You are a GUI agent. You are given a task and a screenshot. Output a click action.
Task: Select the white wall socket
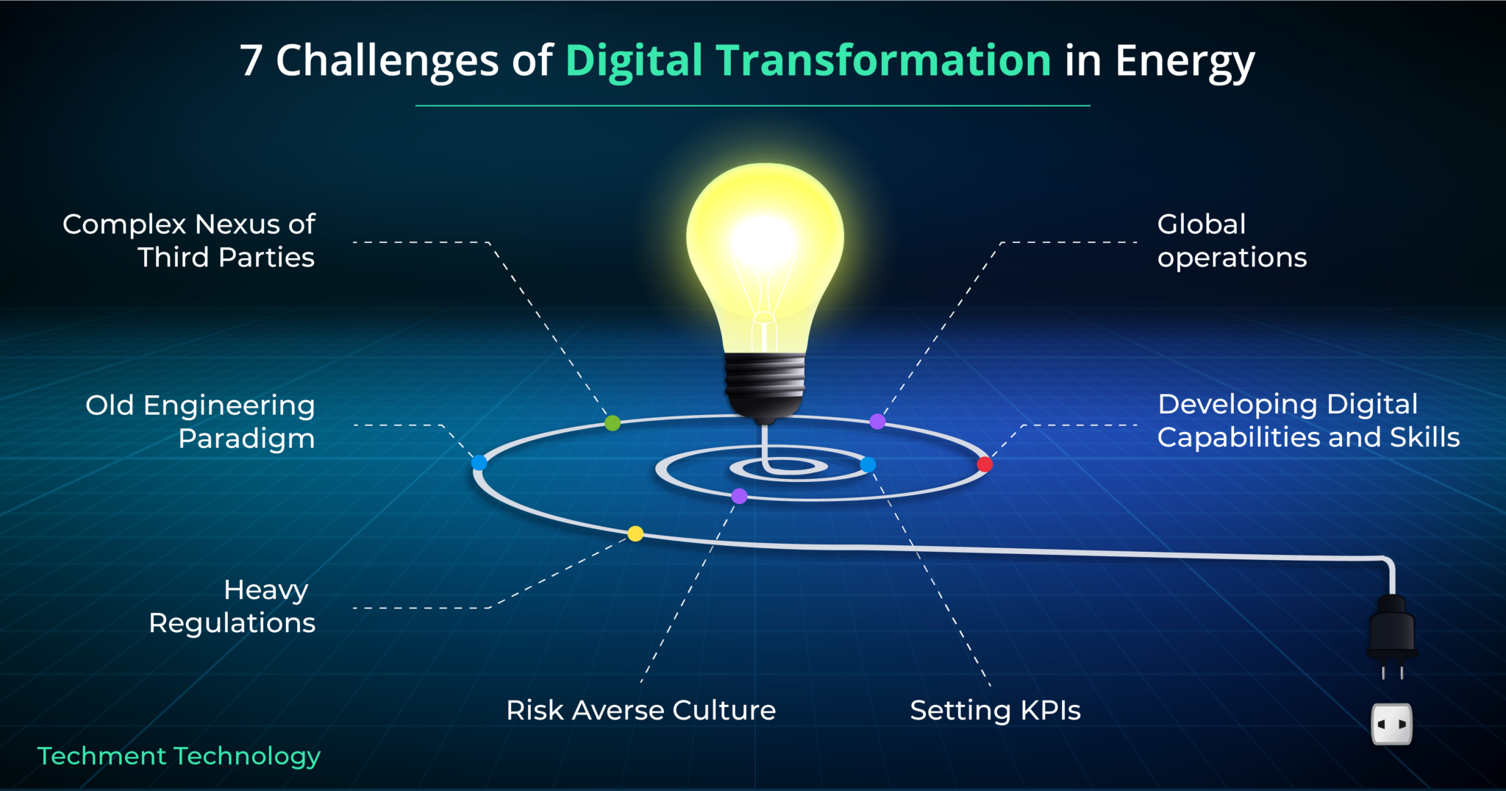click(1392, 724)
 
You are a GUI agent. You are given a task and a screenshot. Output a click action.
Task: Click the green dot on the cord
click(613, 423)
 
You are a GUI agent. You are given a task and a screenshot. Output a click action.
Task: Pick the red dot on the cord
click(985, 464)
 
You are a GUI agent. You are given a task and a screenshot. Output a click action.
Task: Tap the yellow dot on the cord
click(635, 533)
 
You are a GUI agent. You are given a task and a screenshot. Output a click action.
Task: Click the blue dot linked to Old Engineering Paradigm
click(479, 463)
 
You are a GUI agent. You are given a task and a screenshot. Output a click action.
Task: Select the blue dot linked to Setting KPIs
click(868, 465)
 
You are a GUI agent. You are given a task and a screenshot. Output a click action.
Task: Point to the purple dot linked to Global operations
click(877, 422)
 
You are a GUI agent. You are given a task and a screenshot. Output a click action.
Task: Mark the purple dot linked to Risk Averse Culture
click(740, 496)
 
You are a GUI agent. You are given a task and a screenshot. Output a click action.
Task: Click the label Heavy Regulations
click(232, 606)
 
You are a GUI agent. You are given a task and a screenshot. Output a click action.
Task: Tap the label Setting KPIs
click(996, 711)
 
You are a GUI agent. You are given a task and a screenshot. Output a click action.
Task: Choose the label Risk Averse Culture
click(641, 711)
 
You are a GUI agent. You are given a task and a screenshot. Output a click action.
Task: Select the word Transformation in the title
click(883, 60)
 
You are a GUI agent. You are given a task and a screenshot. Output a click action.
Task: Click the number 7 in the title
click(251, 60)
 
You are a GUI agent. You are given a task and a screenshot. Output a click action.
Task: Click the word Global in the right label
click(1202, 224)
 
